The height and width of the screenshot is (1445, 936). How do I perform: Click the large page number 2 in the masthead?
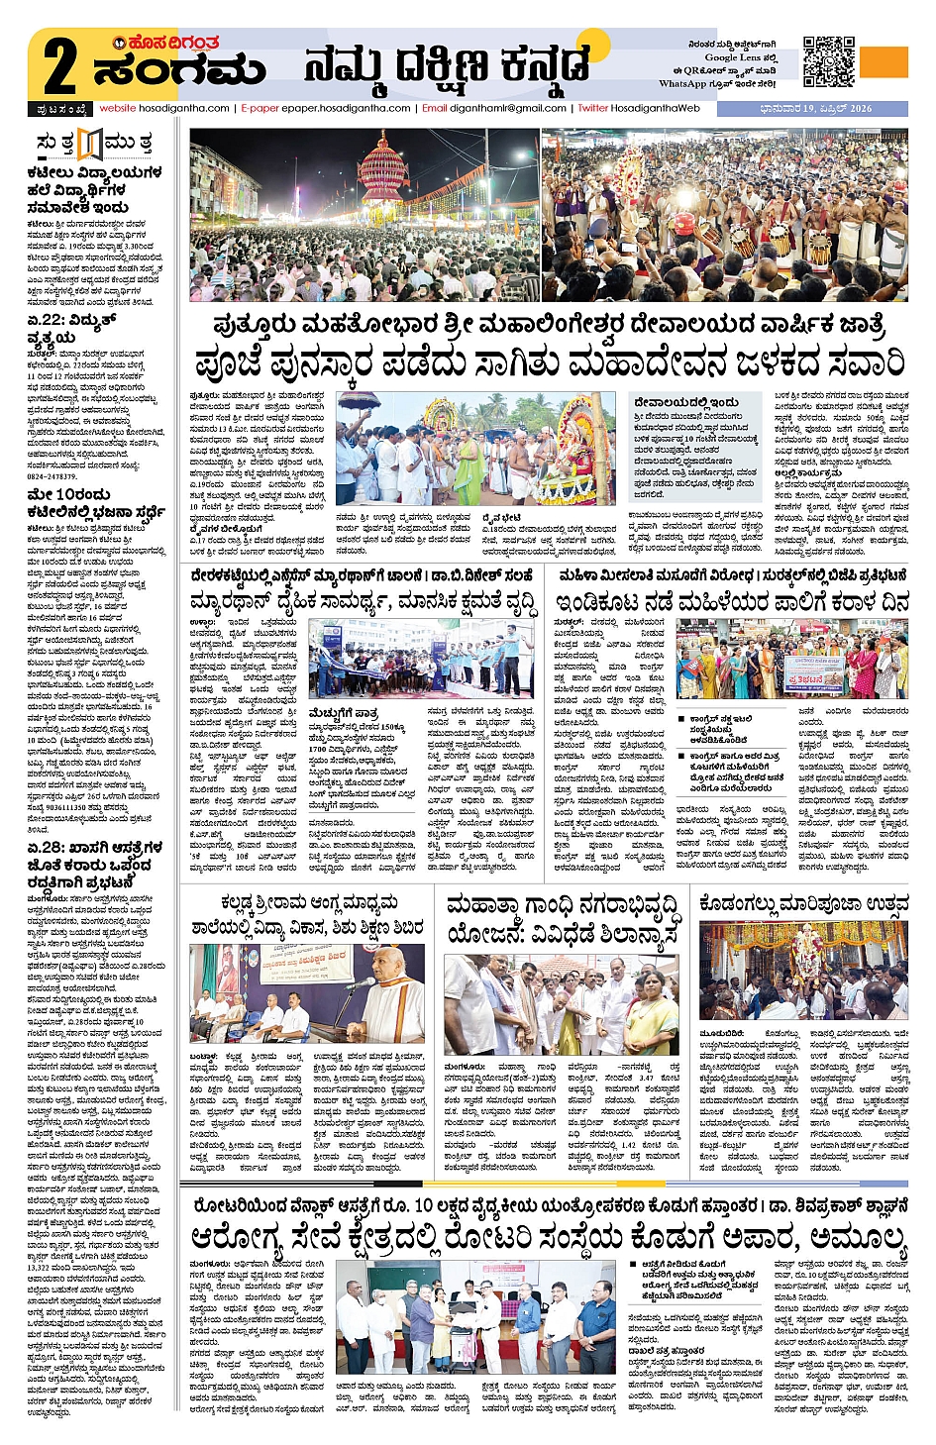(59, 67)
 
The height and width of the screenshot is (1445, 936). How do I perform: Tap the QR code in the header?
(828, 61)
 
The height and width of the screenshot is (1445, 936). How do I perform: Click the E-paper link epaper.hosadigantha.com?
(326, 108)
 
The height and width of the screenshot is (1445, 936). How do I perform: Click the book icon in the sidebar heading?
(90, 145)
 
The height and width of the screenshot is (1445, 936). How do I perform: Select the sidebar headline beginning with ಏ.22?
(71, 328)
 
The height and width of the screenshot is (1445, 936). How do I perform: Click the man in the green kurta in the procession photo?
(467, 462)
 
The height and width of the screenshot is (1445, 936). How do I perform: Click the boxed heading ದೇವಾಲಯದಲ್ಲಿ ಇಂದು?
(686, 402)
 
